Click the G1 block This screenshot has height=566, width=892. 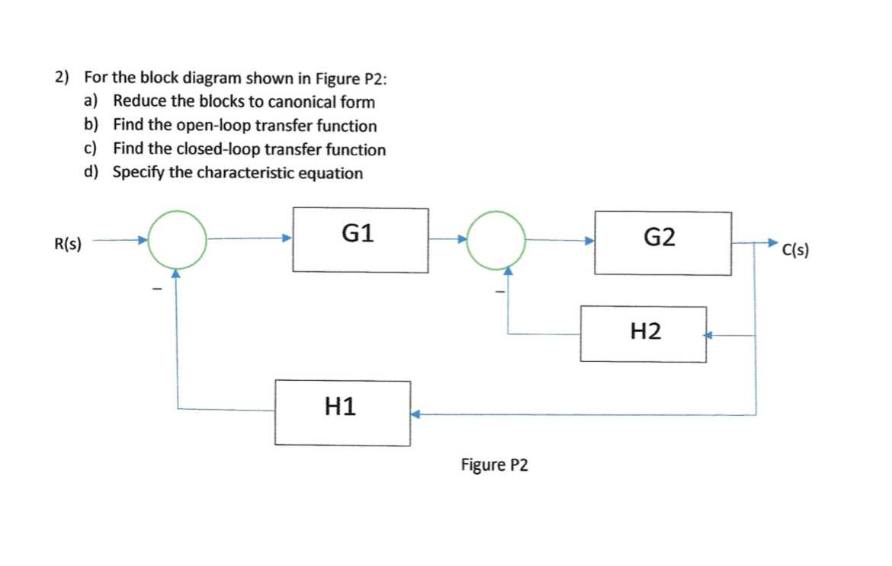tap(360, 240)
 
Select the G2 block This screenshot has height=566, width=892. tap(663, 243)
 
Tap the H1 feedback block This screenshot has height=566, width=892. tap(343, 413)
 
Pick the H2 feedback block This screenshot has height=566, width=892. tap(643, 334)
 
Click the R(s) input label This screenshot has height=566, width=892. tap(69, 244)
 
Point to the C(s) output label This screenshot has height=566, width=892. tap(795, 249)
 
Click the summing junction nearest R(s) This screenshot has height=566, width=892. tap(177, 238)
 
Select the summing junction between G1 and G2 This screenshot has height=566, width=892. tap(496, 240)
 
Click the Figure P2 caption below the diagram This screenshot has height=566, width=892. tap(494, 465)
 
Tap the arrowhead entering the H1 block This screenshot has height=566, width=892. tap(416, 414)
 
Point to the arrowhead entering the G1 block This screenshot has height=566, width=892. tap(287, 238)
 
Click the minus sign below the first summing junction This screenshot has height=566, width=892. tap(156, 289)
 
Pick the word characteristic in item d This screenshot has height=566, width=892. tap(244, 173)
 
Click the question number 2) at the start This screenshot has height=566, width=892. tap(62, 78)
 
